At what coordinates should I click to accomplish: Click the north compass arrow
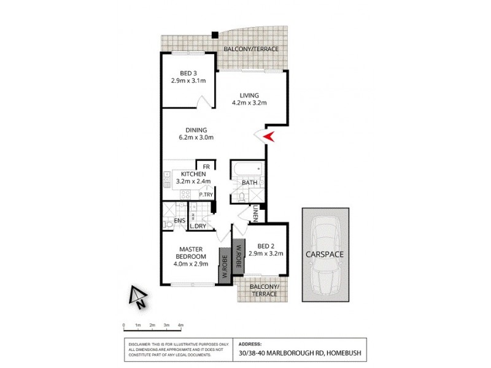136,296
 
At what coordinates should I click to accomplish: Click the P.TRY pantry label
205,195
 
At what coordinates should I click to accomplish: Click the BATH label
249,182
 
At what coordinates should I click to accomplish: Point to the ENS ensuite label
180,220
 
